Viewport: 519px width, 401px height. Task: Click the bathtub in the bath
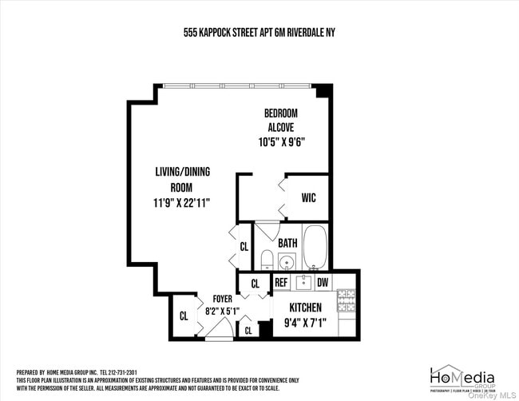pyautogui.click(x=315, y=247)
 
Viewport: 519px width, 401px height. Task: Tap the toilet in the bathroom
pyautogui.click(x=267, y=260)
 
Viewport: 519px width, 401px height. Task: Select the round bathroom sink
pyautogui.click(x=287, y=260)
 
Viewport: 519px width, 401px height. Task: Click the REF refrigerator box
pyautogui.click(x=281, y=283)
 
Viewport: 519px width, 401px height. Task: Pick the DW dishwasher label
pyautogui.click(x=323, y=283)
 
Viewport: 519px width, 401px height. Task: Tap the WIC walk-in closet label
pyautogui.click(x=309, y=198)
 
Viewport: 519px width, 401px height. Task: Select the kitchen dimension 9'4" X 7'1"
pyautogui.click(x=304, y=324)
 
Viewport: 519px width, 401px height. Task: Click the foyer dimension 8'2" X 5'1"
pyautogui.click(x=223, y=312)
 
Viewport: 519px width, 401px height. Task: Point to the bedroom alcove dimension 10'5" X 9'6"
pyautogui.click(x=283, y=141)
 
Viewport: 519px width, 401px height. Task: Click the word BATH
pyautogui.click(x=288, y=243)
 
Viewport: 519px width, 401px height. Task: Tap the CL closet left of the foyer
pyautogui.click(x=184, y=316)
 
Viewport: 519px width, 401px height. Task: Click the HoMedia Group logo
pyautogui.click(x=462, y=379)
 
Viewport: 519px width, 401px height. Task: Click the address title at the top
pyautogui.click(x=259, y=34)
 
